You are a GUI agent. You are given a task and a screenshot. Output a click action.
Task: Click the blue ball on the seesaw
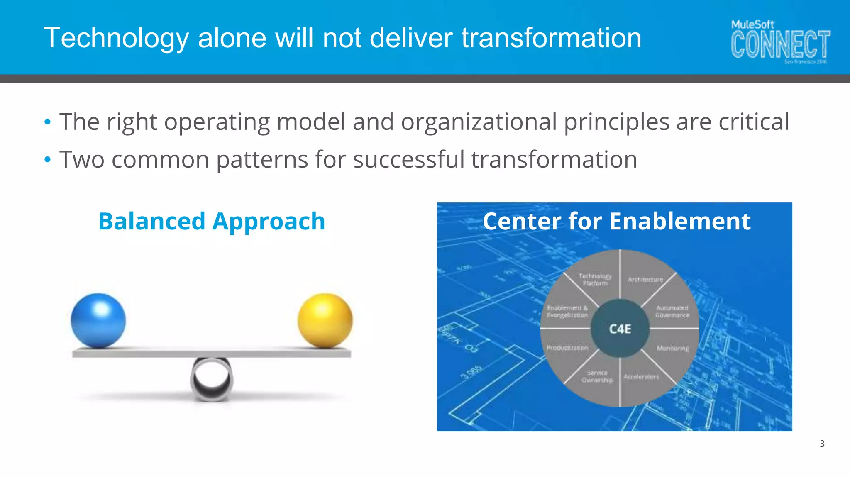tap(98, 320)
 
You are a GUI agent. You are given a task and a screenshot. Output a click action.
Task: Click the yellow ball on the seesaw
tap(325, 320)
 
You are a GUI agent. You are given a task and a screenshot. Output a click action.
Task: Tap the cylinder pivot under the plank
tap(212, 378)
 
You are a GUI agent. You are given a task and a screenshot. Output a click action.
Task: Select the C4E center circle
tap(620, 329)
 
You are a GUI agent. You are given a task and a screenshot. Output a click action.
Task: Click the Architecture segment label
tap(645, 280)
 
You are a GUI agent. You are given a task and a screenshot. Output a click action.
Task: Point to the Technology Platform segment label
tap(595, 280)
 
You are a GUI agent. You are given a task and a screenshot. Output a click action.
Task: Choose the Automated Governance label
tap(672, 312)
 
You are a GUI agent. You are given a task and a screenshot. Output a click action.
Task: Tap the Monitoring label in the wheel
tap(672, 348)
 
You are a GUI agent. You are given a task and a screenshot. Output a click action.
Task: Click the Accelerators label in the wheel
tap(641, 377)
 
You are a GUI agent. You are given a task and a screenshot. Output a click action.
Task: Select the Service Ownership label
tap(597, 376)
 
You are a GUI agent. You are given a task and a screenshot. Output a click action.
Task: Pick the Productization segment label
tap(567, 348)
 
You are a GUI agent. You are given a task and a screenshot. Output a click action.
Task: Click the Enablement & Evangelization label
tap(567, 312)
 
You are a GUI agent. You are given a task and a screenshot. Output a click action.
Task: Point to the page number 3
tap(822, 444)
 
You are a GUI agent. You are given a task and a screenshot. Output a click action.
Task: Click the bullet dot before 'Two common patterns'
tap(48, 159)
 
